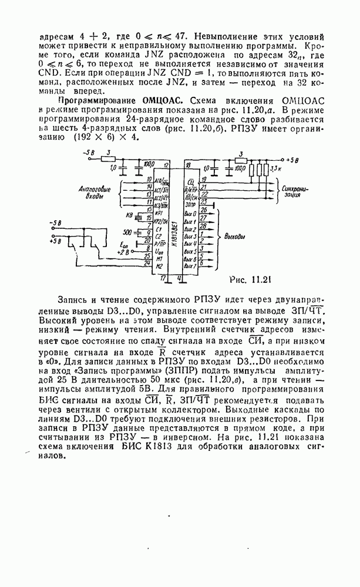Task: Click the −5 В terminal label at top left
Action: coord(90,153)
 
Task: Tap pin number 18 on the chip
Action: coord(187,166)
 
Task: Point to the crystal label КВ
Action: coord(130,216)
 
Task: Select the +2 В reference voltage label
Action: coord(122,252)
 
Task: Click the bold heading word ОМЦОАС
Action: coord(156,102)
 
